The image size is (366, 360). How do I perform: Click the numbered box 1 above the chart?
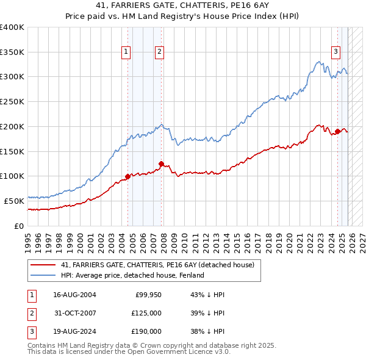click(126, 52)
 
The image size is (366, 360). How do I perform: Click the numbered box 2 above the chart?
click(159, 52)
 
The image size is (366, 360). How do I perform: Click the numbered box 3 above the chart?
click(335, 52)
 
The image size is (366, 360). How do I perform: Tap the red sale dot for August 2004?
click(127, 176)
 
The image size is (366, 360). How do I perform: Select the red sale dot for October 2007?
click(161, 164)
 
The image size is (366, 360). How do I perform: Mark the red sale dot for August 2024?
click(337, 131)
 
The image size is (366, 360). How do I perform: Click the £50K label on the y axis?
click(15, 201)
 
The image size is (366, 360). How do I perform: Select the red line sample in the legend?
click(43, 265)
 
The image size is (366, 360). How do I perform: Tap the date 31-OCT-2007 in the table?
click(75, 313)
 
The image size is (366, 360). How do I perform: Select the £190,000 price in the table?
click(146, 331)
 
